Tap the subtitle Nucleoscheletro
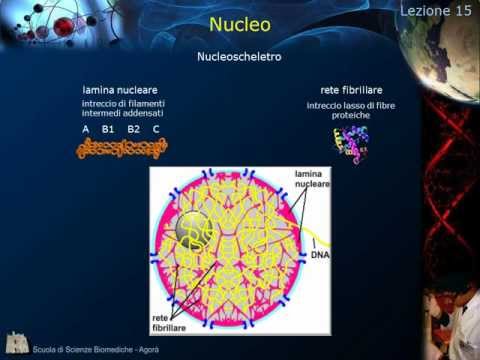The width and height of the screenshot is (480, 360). click(x=240, y=57)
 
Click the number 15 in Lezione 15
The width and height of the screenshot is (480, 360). click(x=461, y=11)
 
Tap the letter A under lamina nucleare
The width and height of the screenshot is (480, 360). click(x=86, y=130)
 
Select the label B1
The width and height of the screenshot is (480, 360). click(x=108, y=130)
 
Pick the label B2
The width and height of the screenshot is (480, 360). click(x=133, y=130)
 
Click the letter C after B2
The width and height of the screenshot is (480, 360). click(x=156, y=130)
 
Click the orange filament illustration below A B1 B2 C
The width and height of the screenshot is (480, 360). click(x=122, y=148)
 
